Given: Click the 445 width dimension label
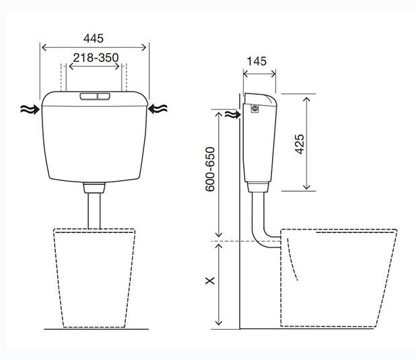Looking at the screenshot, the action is point(94,38).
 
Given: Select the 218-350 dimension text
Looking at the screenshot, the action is point(96,58).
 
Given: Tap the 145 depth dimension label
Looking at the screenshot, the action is point(256,61).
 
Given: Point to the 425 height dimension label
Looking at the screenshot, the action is point(300,144).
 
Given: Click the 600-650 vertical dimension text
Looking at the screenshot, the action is point(210,169).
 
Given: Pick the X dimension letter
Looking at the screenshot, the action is point(210,281).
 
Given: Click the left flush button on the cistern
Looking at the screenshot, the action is point(89,96).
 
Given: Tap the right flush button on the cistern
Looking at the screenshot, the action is point(104,96).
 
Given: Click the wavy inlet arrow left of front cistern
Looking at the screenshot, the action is point(30,109).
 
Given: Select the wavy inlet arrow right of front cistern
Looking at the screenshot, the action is point(158,109).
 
